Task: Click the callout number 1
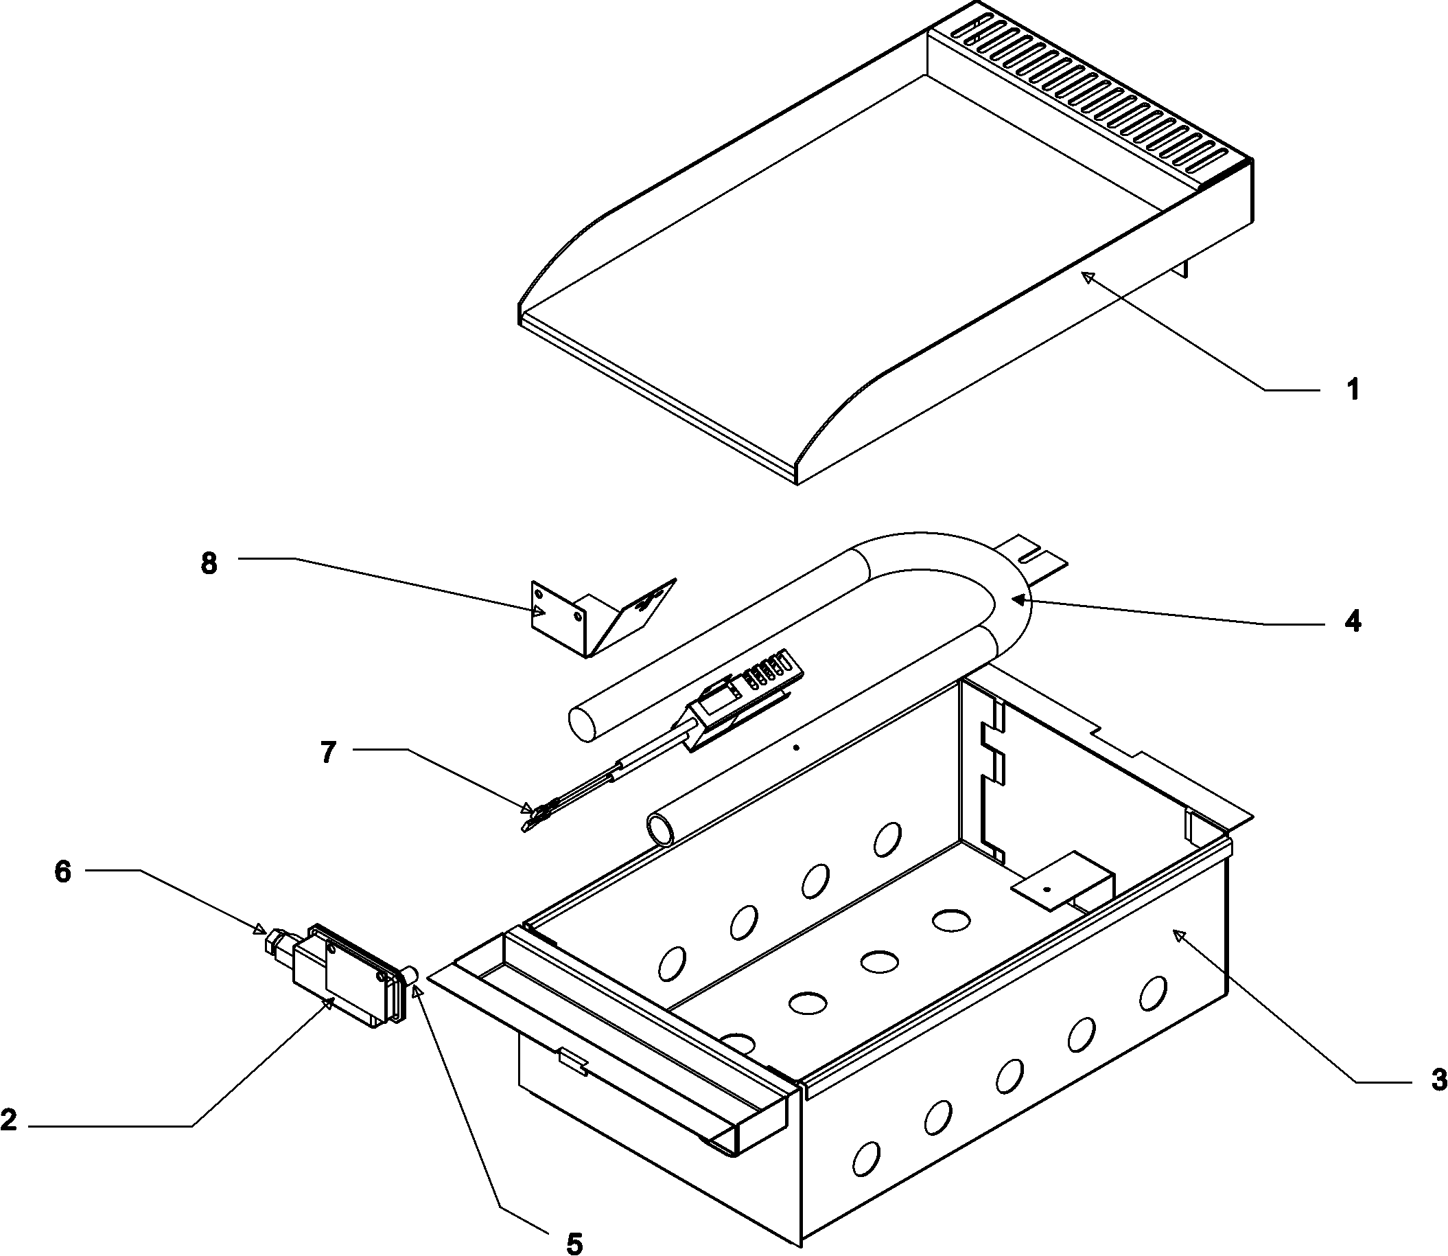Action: coord(1353,389)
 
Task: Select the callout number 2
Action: coord(8,1119)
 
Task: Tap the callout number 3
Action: coord(1438,1080)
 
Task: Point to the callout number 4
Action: coord(1353,621)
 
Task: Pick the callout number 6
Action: coord(63,872)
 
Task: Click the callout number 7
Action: coord(329,752)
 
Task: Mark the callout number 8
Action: coord(209,564)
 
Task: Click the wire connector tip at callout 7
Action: coord(530,817)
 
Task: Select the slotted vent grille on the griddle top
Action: coord(1093,98)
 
